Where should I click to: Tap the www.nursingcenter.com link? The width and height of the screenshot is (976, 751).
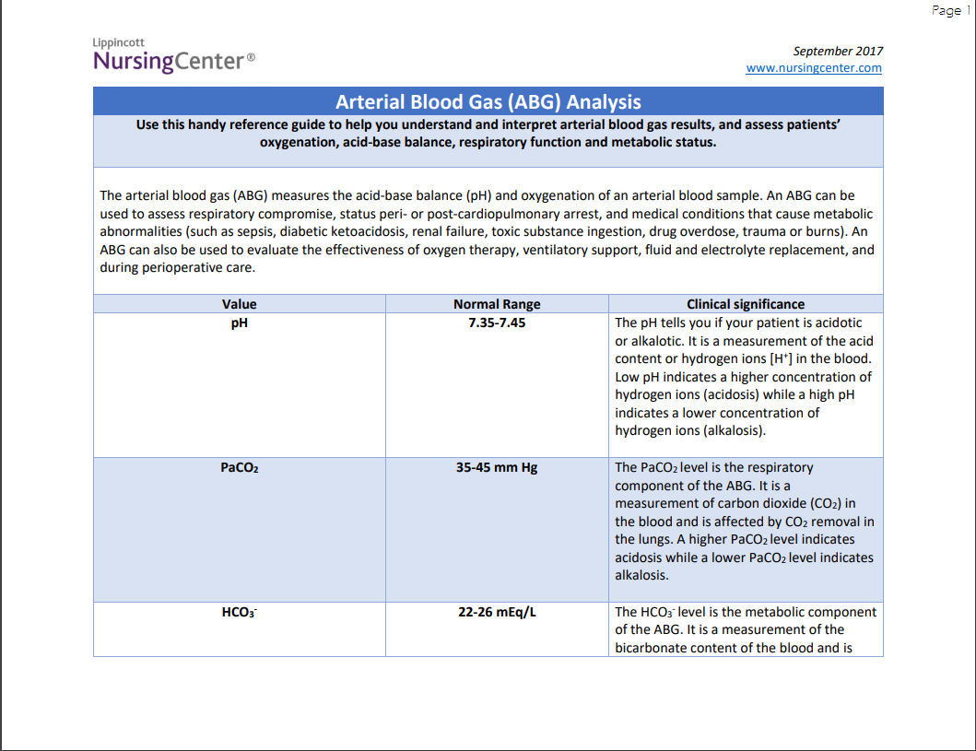pyautogui.click(x=814, y=68)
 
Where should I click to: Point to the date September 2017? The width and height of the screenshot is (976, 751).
pyautogui.click(x=838, y=51)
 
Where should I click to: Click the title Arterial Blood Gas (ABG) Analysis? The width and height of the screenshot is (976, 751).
pyautogui.click(x=488, y=101)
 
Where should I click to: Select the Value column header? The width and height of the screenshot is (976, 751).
pyautogui.click(x=240, y=304)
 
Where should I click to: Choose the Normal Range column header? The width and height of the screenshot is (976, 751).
pyautogui.click(x=497, y=304)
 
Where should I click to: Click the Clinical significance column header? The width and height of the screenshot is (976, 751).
pyautogui.click(x=746, y=304)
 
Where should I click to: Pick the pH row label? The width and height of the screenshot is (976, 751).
pyautogui.click(x=240, y=323)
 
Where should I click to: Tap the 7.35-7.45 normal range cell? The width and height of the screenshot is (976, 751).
pyautogui.click(x=497, y=323)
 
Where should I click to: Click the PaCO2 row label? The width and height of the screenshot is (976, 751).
pyautogui.click(x=240, y=468)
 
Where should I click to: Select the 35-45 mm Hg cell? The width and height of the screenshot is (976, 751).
pyautogui.click(x=497, y=467)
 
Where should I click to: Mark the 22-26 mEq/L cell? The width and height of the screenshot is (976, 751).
pyautogui.click(x=497, y=612)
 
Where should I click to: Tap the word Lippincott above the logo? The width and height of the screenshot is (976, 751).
pyautogui.click(x=119, y=42)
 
